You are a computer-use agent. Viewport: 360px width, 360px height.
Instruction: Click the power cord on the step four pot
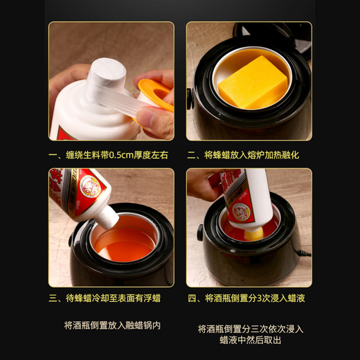tap(303, 257)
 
